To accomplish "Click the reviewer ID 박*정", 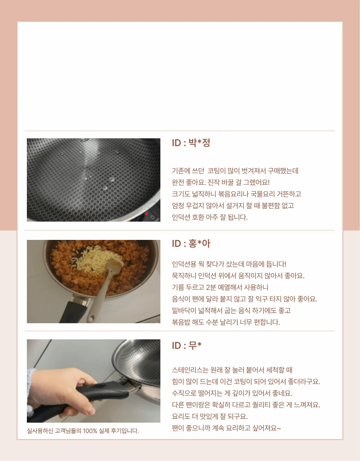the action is pos(191,143).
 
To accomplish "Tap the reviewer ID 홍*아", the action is pos(191,243).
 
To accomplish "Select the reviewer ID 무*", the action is pos(187,345).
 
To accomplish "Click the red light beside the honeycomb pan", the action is pos(146,214).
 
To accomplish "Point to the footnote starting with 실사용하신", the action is pos(83,431).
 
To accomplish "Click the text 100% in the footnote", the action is pos(90,431).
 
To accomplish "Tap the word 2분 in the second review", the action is pos(211,287).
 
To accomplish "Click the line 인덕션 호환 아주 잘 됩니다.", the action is pos(210,217).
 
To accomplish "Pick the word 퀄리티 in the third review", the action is pos(260,405).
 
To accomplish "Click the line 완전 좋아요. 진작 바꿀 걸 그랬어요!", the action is pos(221,182).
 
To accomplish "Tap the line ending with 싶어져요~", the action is pos(226,428).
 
